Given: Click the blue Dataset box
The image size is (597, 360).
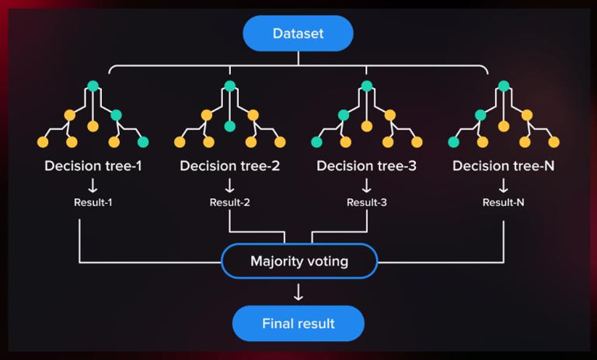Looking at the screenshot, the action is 298,33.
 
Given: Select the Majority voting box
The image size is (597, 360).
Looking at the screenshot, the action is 299,261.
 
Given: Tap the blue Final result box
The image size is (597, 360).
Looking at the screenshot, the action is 298,323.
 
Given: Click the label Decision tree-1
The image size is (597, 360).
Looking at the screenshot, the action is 93,166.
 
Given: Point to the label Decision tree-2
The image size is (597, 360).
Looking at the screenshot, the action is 229,166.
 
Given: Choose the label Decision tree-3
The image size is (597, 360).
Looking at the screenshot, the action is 366,166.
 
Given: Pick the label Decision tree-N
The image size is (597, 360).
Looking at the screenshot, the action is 504,166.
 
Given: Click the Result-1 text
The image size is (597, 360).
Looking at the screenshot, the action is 93,202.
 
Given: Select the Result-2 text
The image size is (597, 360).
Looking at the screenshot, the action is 229,202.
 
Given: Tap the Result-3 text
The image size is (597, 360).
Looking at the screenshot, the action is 367,202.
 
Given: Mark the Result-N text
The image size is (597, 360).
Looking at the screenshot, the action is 504,202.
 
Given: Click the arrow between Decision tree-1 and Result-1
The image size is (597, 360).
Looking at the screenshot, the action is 93,186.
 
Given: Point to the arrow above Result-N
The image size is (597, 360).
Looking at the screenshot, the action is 504,186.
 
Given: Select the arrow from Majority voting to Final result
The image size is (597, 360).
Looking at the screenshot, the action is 298,292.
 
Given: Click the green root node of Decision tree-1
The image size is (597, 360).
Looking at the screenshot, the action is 93,86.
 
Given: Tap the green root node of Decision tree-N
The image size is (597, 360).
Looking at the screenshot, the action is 504,86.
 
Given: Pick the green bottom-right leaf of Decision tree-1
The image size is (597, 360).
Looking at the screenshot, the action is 143,142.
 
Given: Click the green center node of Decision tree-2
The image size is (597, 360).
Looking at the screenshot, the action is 229,126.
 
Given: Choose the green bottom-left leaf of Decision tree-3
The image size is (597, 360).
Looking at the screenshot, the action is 317,142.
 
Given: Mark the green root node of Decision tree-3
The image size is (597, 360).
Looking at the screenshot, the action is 367,86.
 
